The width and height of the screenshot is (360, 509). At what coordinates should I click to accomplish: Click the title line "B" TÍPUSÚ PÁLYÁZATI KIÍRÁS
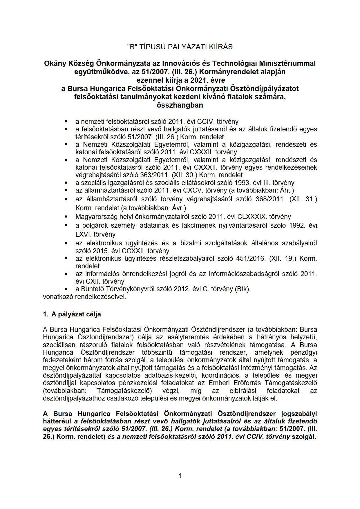(x=180, y=47)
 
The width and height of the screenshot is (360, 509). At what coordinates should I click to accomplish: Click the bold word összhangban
(x=180, y=105)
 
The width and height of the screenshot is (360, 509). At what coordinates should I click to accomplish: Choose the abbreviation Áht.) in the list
(x=287, y=190)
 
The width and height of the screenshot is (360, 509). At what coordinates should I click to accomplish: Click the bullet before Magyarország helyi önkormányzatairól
(x=66, y=217)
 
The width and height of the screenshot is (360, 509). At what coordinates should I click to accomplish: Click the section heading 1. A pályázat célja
(x=72, y=314)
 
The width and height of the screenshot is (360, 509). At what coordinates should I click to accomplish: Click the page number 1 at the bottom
(x=180, y=476)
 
